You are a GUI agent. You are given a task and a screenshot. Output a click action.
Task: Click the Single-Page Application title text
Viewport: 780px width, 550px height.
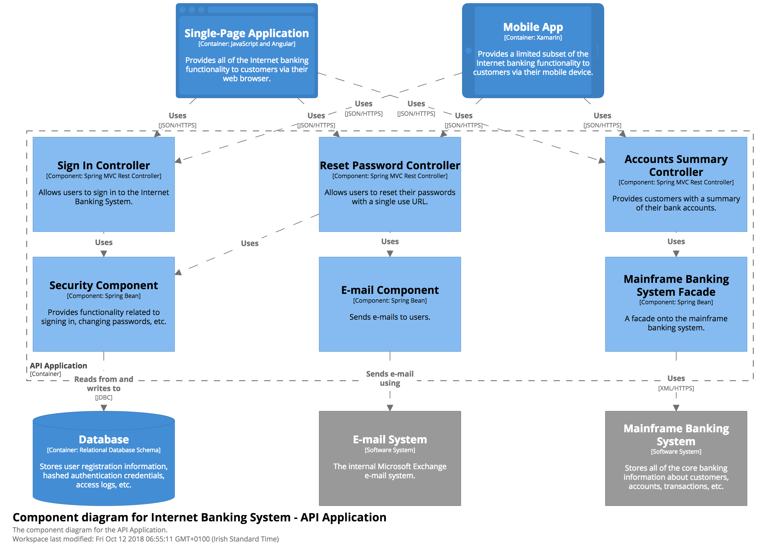(246, 33)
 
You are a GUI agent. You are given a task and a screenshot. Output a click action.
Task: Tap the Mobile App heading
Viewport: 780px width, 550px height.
(533, 27)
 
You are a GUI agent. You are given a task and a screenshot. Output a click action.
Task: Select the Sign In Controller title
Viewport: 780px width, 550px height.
(103, 166)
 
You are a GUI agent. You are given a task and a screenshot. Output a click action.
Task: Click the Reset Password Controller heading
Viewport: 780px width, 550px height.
(390, 166)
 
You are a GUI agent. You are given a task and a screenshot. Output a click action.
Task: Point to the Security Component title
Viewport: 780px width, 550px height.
(103, 285)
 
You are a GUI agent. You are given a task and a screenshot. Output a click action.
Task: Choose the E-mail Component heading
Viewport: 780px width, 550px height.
(390, 290)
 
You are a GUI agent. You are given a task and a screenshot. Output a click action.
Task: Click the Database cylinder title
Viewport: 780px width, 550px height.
(103, 440)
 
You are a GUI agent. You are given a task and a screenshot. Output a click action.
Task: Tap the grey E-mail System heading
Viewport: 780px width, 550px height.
(390, 440)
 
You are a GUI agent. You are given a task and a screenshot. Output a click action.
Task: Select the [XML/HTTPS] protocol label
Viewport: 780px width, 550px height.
(676, 388)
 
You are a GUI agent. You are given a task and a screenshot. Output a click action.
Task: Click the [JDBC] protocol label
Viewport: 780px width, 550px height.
(103, 397)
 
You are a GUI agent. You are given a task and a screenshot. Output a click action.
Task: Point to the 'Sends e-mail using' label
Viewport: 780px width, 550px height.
(390, 378)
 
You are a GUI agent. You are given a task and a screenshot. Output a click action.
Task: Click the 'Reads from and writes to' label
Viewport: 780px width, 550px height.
(103, 384)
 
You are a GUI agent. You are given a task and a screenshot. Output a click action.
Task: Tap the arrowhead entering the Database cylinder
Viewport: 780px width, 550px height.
(103, 407)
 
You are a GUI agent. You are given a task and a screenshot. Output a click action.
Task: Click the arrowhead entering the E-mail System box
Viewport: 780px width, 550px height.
(390, 407)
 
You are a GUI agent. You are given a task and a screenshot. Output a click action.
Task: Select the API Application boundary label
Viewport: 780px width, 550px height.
(58, 366)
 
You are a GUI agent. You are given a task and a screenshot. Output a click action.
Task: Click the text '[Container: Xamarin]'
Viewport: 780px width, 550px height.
(533, 37)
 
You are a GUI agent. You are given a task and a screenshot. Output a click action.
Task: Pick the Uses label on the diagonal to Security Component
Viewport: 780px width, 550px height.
(250, 244)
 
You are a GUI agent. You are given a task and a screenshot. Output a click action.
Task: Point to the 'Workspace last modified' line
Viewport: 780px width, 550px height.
(145, 539)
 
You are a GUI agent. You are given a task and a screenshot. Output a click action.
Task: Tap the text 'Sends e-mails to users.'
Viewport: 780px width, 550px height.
(390, 317)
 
